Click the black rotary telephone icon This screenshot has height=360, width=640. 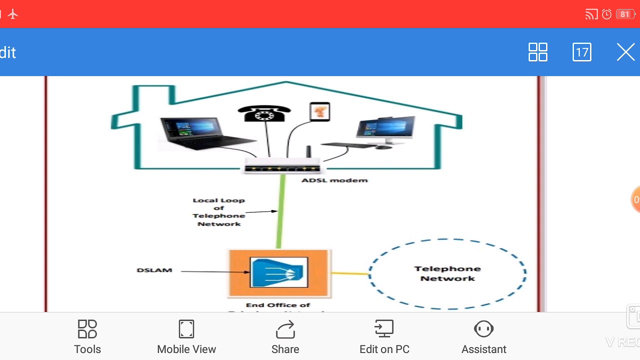264,113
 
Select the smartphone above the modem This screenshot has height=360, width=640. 319,111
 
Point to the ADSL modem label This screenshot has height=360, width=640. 334,180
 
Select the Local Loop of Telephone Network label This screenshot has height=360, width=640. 218,212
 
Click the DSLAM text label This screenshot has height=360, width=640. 154,270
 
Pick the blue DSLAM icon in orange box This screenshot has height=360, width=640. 278,273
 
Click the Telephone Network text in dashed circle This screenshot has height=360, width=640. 447,273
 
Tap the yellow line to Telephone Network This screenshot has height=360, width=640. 350,273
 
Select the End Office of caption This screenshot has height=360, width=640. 278,305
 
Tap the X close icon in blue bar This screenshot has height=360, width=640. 625,52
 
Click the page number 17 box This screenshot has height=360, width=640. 581,52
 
